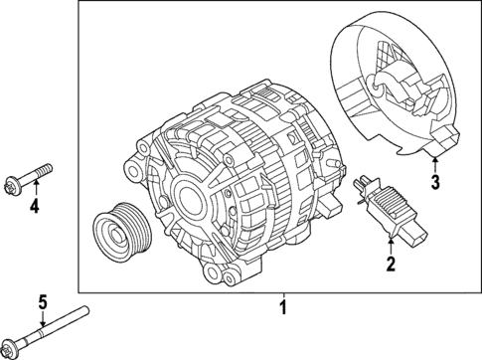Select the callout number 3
tap(434, 182)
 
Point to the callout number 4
tap(33, 207)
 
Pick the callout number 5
tap(42, 302)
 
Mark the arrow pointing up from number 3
tap(434, 165)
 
